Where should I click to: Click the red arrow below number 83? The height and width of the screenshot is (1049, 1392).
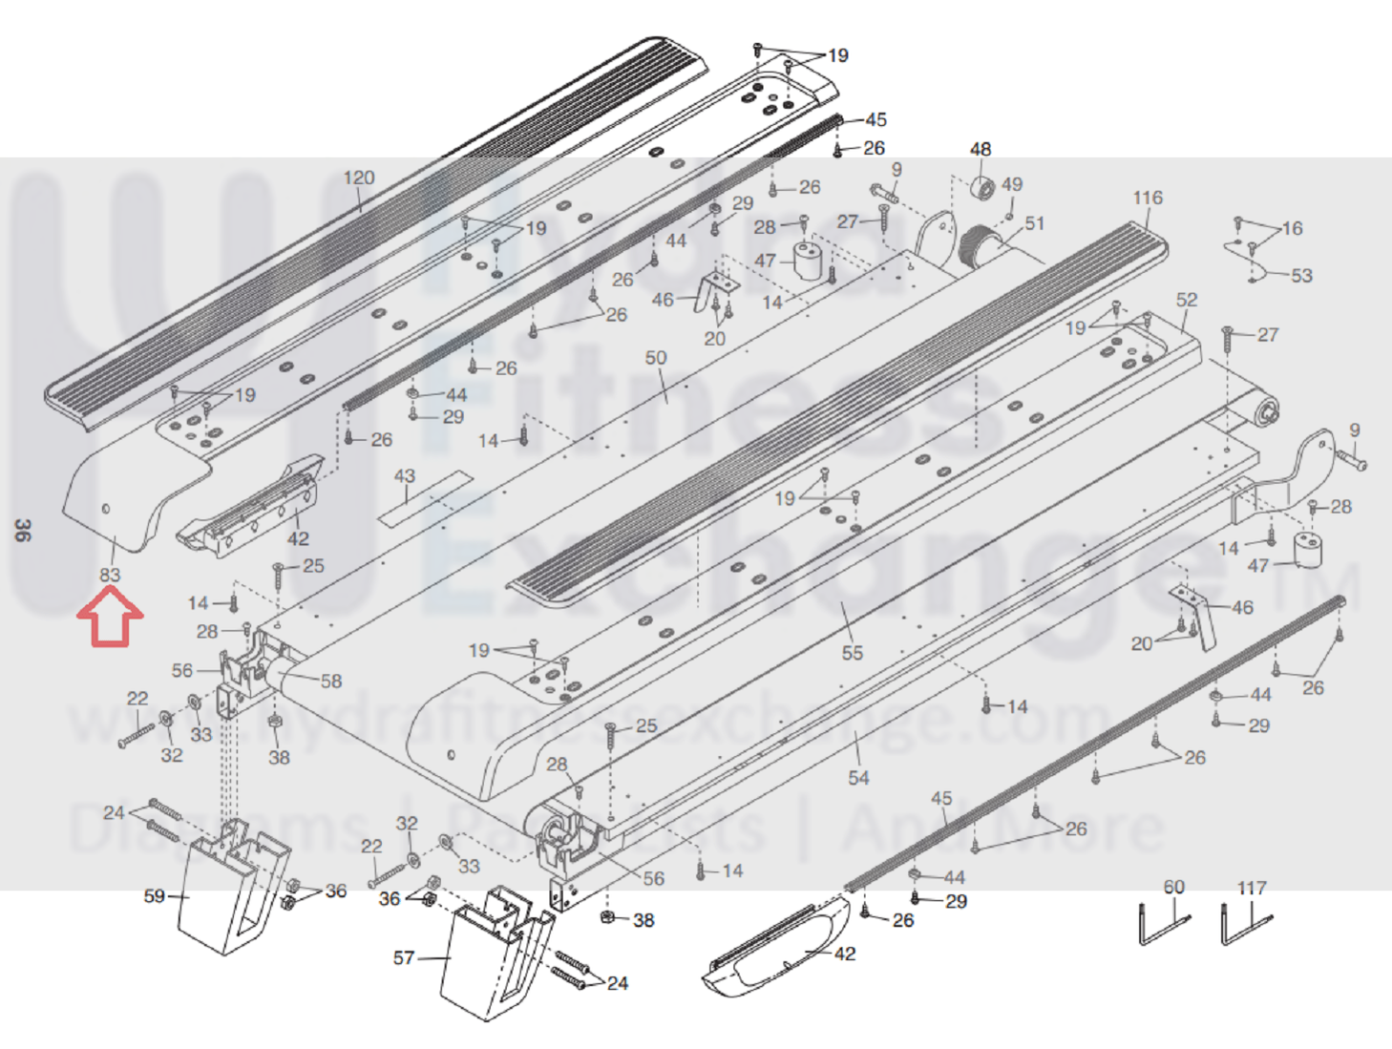(111, 617)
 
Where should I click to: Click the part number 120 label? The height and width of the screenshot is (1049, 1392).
(359, 178)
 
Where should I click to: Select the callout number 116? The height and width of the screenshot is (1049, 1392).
(1148, 198)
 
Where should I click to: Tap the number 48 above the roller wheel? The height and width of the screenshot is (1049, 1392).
(981, 149)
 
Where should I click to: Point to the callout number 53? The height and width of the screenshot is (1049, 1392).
(1301, 276)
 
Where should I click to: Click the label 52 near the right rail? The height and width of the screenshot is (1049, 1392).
(1187, 300)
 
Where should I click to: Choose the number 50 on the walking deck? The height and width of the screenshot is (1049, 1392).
(656, 358)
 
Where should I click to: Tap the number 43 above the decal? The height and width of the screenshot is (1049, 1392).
(405, 475)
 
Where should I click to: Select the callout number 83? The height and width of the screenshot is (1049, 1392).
(110, 575)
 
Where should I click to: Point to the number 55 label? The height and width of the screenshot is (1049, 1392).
(853, 653)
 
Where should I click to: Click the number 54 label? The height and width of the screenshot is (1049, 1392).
(858, 778)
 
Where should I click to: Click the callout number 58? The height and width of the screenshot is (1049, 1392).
(331, 682)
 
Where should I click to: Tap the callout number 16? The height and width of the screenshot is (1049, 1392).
(1292, 228)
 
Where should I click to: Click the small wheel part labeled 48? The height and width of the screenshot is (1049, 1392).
(981, 187)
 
